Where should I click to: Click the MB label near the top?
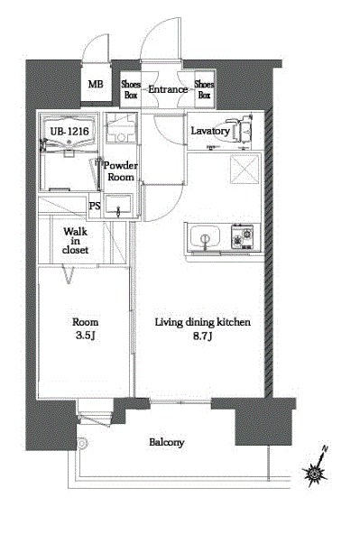pos(96,84)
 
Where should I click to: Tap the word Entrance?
pos(168,89)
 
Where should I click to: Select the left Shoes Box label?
pos(131,89)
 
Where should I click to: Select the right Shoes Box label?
pos(204,89)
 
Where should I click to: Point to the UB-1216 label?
pos(69,131)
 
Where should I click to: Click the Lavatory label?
pos(210,131)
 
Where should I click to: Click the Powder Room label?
pos(121,171)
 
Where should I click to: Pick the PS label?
pos(95,206)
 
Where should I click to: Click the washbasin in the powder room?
pos(118,205)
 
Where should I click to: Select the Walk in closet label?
pos(75,241)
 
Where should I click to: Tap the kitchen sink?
pos(205,236)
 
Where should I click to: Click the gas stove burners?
pos(242,236)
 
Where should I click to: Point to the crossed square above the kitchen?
pos(245,169)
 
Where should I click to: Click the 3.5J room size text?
pos(85,336)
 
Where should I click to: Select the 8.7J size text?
pos(203,336)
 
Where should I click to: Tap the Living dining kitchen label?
pos(203,322)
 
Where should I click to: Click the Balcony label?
pos(167,442)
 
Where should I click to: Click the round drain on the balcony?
pos(82,443)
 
